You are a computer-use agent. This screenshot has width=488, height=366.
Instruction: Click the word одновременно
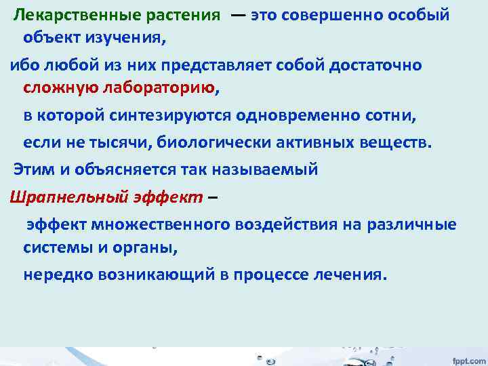tap(310, 115)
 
